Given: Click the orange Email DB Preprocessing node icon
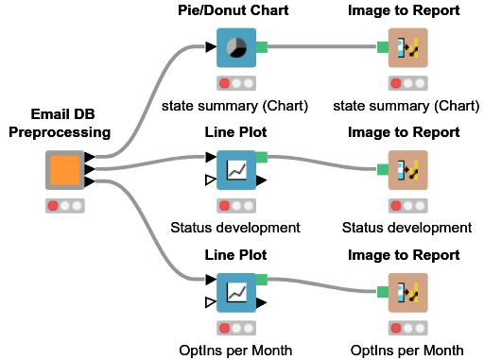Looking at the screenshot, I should (65, 170).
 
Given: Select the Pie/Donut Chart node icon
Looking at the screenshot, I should (236, 47).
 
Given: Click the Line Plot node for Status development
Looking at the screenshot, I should (236, 170).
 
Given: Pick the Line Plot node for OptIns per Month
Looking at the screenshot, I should (236, 292).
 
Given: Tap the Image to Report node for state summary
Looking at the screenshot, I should (408, 47).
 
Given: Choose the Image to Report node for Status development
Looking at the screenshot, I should (408, 170).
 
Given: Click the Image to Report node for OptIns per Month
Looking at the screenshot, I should (408, 292).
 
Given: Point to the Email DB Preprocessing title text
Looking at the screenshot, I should (60, 123).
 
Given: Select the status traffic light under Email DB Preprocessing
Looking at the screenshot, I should (65, 205).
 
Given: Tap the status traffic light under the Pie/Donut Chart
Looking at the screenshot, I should (236, 82).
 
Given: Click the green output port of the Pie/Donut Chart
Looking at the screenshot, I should (262, 47).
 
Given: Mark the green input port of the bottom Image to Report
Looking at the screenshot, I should (383, 292).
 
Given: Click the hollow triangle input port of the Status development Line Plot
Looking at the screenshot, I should (211, 179).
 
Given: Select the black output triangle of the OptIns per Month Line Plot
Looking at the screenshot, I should (262, 301).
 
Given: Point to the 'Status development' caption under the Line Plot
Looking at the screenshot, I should (235, 228).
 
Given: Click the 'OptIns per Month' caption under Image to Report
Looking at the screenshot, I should (407, 351).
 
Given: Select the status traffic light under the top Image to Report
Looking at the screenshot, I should (408, 82).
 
